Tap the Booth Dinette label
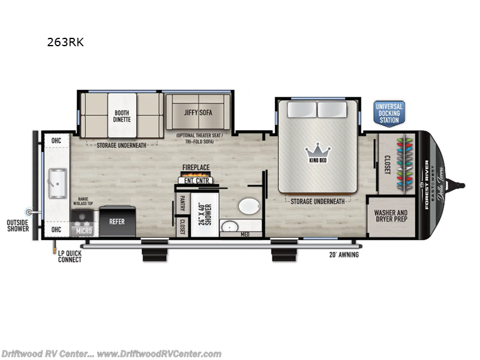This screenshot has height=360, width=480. (x=122, y=115)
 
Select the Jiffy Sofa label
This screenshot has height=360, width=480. (x=199, y=112)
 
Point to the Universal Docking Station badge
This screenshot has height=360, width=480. (x=389, y=113)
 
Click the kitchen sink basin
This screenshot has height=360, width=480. (x=58, y=183)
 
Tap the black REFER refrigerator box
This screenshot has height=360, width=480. (x=116, y=221)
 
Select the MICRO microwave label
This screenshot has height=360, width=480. (x=83, y=230)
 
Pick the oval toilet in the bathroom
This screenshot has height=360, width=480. (x=248, y=207)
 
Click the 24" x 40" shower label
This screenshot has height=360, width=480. (x=205, y=215)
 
